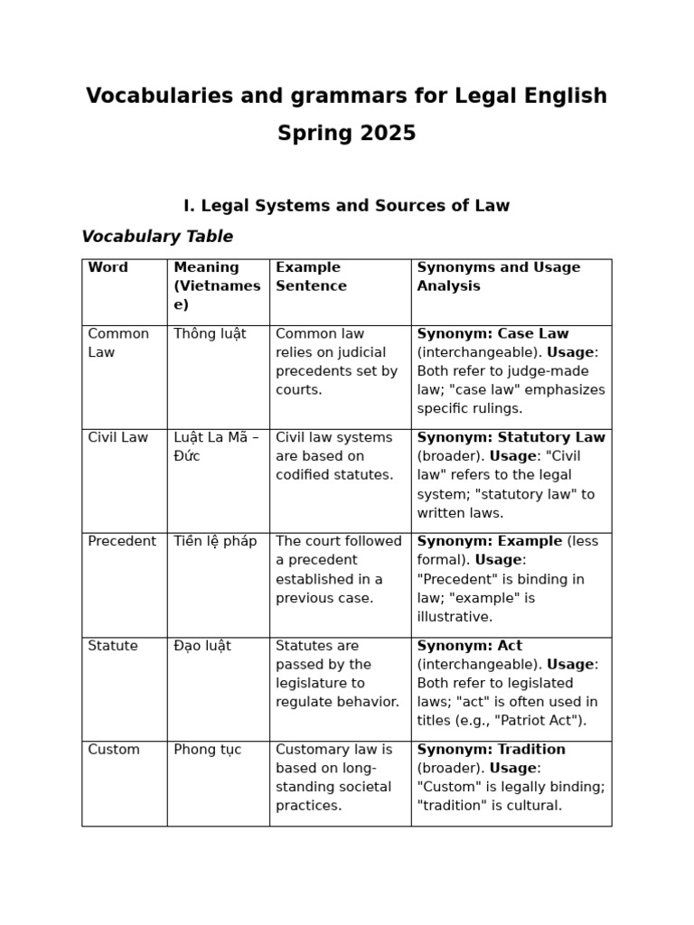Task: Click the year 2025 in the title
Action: coord(388,134)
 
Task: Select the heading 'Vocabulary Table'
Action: coord(157,237)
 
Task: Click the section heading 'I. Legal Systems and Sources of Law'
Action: coord(346,205)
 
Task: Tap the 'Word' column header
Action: coord(108,267)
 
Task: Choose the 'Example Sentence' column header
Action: coord(311,276)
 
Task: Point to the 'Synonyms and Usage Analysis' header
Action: coord(498,276)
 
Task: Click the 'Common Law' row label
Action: coord(118,342)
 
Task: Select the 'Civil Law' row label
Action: coord(117,437)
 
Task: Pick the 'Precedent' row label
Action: coord(122,541)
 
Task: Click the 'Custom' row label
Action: coord(114,750)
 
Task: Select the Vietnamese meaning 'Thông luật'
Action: coord(210,333)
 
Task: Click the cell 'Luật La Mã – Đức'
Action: coord(216,446)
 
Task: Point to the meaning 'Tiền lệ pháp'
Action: coord(215,541)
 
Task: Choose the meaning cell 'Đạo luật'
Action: coord(202,646)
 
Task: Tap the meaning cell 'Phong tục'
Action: coord(208,750)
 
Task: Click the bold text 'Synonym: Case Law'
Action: coord(492,333)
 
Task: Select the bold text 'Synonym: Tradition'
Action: coord(491,750)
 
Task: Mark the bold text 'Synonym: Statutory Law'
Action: coord(511,437)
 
